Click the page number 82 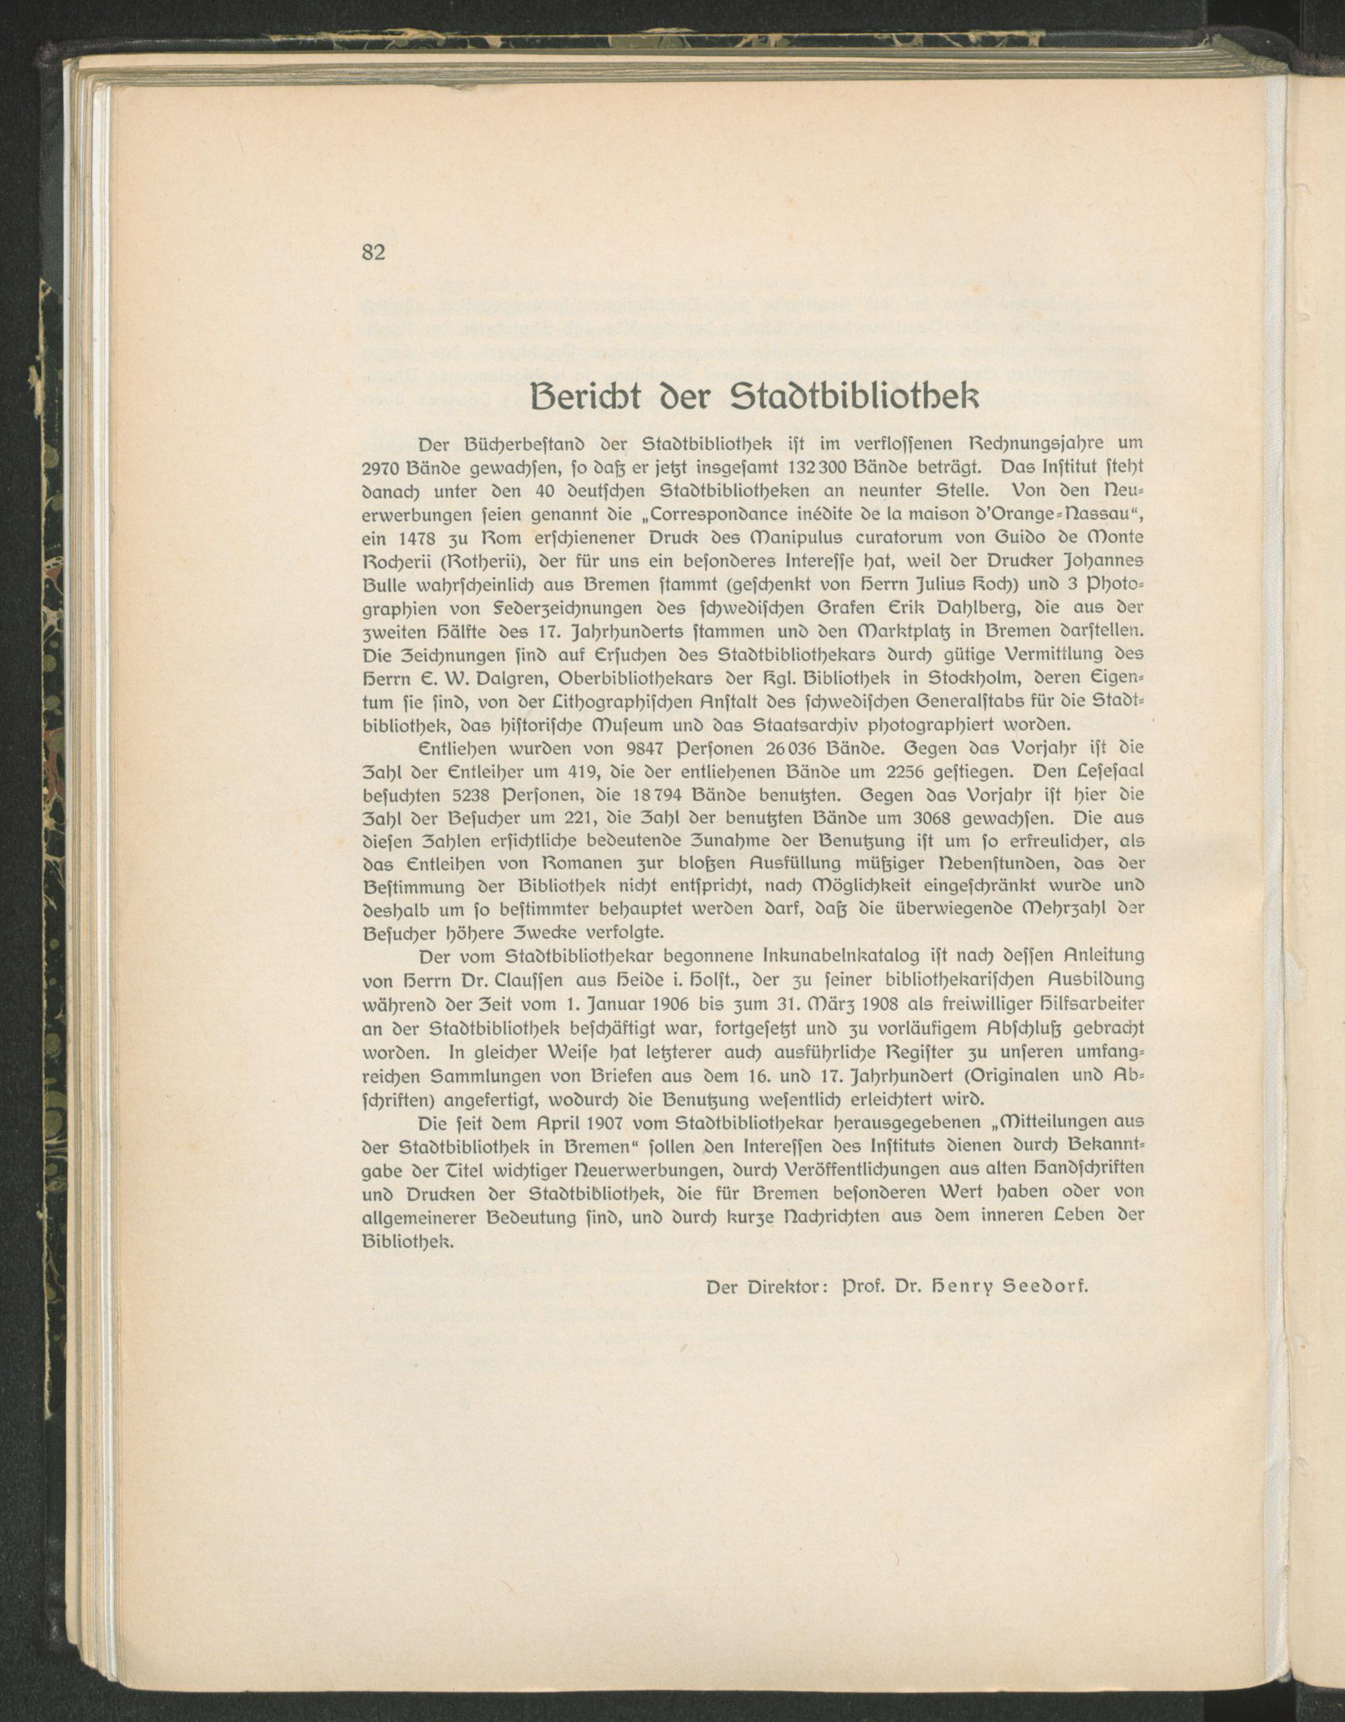tap(373, 252)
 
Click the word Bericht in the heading tap(586, 397)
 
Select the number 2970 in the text tap(381, 467)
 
